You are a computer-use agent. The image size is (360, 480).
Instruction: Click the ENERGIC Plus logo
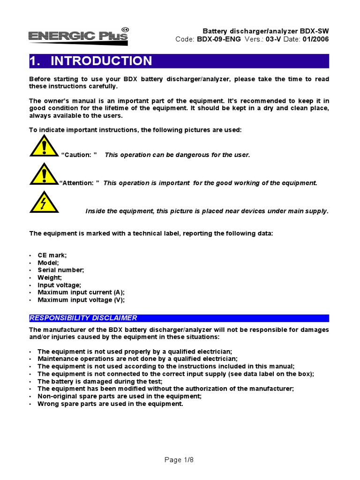coord(78,36)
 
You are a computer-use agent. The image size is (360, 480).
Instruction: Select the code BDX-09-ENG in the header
coord(219,39)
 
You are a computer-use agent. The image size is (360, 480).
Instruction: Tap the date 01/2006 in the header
coord(316,39)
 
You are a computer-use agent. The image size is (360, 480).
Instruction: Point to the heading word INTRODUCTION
coord(101,61)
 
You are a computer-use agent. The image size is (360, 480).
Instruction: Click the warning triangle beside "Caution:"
coord(44,146)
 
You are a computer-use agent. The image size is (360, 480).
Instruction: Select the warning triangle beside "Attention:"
coord(44,174)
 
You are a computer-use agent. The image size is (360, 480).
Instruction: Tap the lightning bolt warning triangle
coord(44,202)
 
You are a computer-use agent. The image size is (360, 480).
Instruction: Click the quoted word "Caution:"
coord(79,155)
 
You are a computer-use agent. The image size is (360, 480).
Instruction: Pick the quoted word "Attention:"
coord(79,183)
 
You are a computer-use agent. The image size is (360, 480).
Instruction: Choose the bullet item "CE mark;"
coord(52,255)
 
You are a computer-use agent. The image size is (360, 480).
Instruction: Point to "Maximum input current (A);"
coord(81,292)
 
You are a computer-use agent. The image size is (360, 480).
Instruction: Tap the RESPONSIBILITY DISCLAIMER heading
coord(83,318)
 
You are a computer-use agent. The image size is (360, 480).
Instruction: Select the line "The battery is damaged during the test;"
coord(100,382)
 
